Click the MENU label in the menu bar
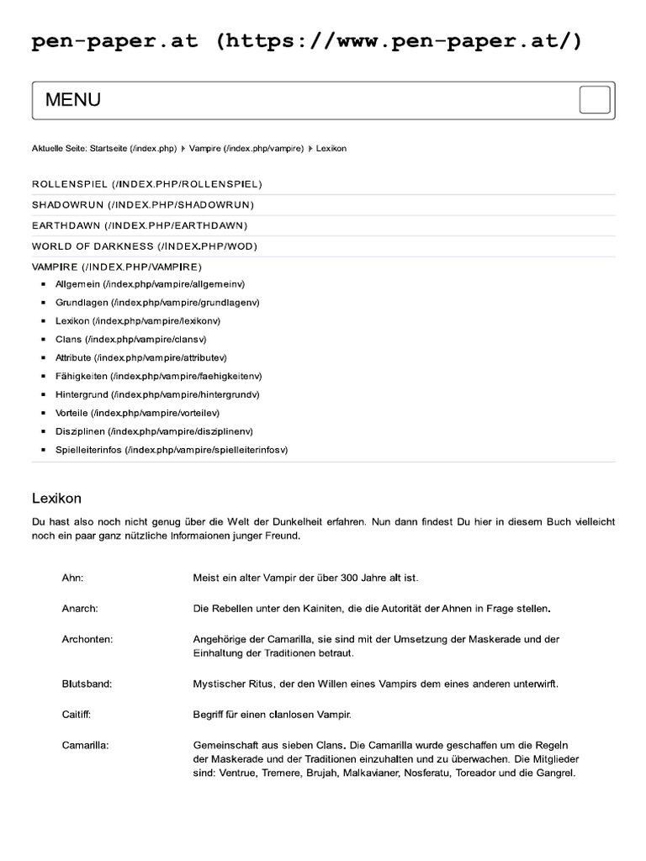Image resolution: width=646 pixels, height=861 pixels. click(73, 100)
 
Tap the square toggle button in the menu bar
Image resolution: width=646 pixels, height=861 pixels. click(594, 100)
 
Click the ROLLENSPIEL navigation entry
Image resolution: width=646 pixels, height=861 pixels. click(147, 183)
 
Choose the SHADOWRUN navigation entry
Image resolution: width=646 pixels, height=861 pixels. click(143, 204)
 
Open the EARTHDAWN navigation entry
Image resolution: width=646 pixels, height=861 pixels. click(140, 225)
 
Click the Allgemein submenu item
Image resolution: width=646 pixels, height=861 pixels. click(150, 284)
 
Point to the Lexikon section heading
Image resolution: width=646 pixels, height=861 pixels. click(56, 499)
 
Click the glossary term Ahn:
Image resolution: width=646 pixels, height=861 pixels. click(73, 578)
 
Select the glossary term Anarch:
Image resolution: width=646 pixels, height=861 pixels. click(80, 608)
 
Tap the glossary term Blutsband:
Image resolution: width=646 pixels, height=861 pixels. click(87, 684)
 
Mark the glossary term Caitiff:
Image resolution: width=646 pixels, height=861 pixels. click(76, 715)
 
